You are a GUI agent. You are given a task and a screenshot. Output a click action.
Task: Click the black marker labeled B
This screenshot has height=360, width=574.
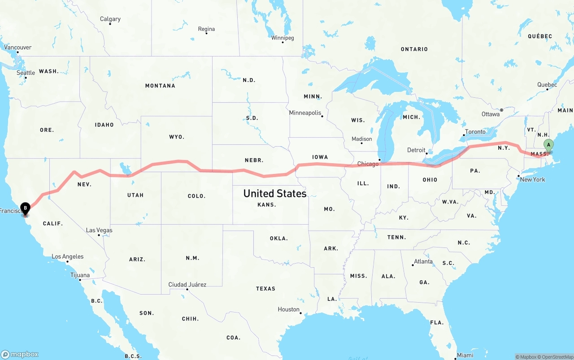pos(26,208)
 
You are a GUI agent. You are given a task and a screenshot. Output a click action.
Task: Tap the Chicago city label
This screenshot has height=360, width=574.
pos(368,164)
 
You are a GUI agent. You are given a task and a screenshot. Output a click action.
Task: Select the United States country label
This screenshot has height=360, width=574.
pos(275,193)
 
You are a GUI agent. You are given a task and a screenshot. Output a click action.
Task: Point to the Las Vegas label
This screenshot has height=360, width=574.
pos(99,230)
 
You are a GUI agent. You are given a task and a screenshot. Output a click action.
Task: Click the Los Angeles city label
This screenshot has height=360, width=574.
pos(68,257)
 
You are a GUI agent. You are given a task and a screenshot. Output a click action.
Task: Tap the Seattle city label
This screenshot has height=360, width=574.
pos(26,73)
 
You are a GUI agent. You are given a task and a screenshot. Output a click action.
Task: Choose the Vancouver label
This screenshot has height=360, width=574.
pos(18,47)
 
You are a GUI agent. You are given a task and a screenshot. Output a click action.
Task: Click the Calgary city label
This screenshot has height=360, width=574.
pos(110,19)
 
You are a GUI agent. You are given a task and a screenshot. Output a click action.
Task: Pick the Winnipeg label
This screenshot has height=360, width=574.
pos(283,38)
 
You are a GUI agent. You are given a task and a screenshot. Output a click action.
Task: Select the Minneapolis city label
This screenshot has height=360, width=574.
pos(305,113)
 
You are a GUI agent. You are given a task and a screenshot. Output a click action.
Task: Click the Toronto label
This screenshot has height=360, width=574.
pos(475,132)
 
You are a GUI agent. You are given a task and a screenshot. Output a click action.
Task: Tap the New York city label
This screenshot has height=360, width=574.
pos(533,179)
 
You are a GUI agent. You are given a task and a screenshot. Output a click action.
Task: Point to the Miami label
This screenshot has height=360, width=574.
pos(465,355)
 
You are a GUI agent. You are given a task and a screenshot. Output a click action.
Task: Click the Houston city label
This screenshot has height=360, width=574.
pos(289,309)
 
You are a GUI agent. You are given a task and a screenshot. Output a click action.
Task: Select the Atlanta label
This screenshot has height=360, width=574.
pos(423,261)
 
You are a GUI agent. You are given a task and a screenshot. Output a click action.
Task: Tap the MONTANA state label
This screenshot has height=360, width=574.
pos(160,86)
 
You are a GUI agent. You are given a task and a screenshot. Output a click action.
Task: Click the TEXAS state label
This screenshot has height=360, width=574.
pos(266,289)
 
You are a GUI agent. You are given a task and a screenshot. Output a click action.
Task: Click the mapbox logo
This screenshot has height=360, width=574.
pos(20,354)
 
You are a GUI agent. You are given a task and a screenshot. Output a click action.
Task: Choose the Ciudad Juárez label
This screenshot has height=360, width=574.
pos(187,285)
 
